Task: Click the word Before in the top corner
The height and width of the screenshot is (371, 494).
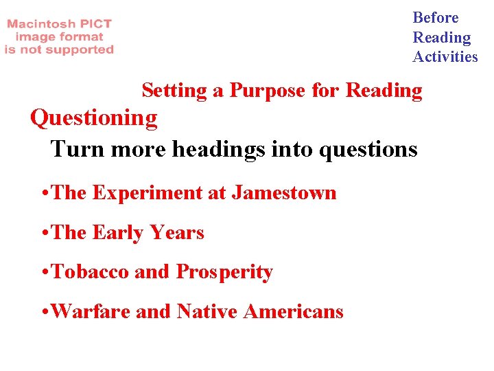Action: pyautogui.click(x=435, y=18)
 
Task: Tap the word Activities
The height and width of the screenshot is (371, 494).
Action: pyautogui.click(x=445, y=57)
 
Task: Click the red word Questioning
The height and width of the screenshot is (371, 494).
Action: pyautogui.click(x=94, y=118)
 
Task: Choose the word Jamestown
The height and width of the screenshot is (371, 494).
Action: pyautogui.click(x=283, y=193)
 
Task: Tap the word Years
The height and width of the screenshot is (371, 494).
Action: pyautogui.click(x=177, y=233)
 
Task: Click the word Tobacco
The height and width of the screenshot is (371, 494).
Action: pyautogui.click(x=91, y=272)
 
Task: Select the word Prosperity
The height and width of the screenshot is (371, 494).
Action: pyautogui.click(x=224, y=273)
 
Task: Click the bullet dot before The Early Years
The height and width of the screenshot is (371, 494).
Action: pyautogui.click(x=45, y=234)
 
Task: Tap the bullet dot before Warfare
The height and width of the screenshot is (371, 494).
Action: pyautogui.click(x=45, y=313)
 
